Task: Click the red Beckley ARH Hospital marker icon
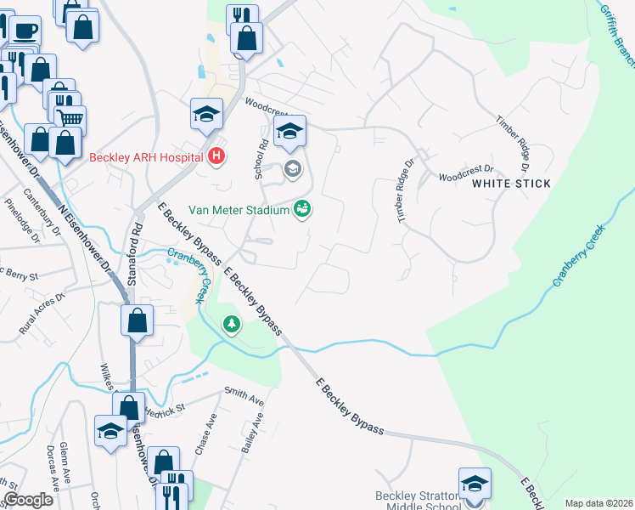pyautogui.click(x=216, y=156)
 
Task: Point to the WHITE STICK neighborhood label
pyautogui.click(x=511, y=184)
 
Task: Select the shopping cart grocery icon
pyautogui.click(x=70, y=118)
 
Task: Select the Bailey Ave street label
pyautogui.click(x=254, y=432)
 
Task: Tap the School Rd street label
pyautogui.click(x=261, y=158)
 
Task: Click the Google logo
pyautogui.click(x=28, y=500)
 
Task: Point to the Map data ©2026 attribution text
pyautogui.click(x=598, y=503)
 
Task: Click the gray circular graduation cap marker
pyautogui.click(x=292, y=169)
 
